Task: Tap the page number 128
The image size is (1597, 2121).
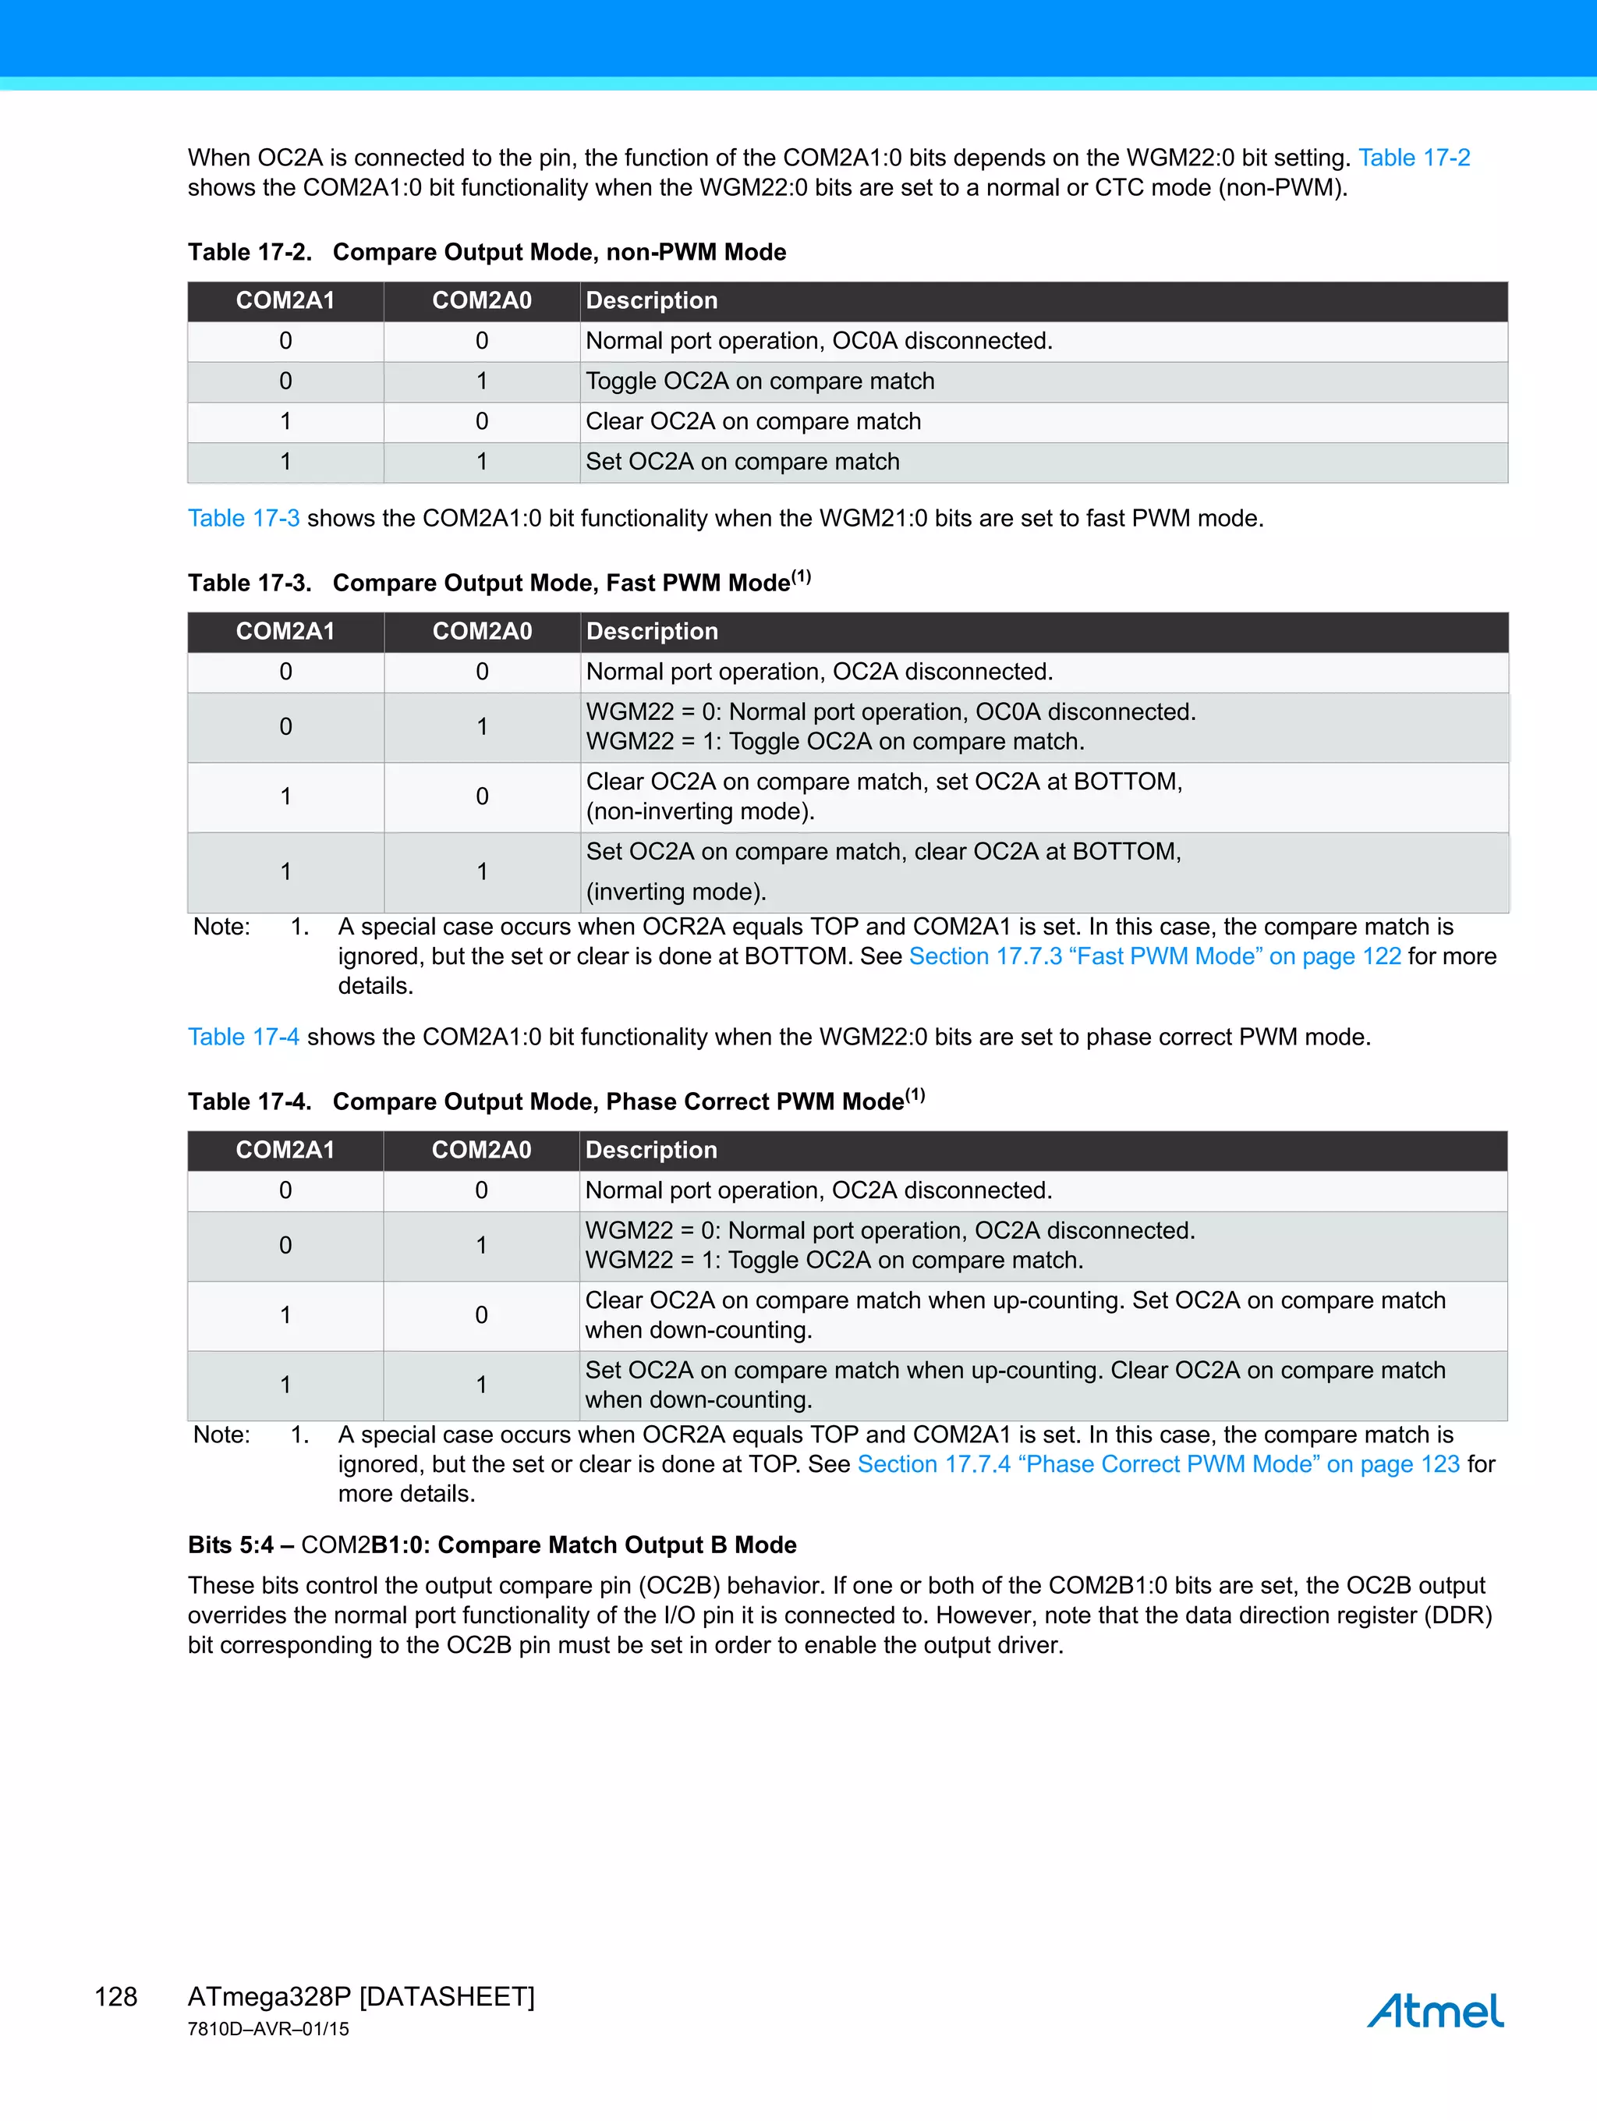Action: coord(116,1996)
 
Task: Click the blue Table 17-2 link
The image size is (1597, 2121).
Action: coord(1414,158)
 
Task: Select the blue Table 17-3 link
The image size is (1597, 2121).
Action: coord(243,518)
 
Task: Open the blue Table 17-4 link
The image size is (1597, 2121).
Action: coord(243,1037)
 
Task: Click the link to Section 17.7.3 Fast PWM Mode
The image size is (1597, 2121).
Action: coord(1154,956)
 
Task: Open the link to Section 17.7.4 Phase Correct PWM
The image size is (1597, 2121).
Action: coord(1158,1464)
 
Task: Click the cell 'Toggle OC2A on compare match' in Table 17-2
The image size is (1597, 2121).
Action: coord(760,381)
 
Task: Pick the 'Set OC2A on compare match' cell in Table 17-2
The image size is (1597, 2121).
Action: coord(742,461)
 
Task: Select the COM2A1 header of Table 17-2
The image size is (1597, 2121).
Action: coord(285,300)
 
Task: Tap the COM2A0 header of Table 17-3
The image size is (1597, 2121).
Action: coord(482,631)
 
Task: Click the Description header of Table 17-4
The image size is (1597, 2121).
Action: coord(651,1150)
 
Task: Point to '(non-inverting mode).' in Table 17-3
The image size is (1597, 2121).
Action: coord(699,811)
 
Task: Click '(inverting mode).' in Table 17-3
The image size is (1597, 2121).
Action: coord(676,892)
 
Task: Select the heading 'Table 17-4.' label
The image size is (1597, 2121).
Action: coord(250,1101)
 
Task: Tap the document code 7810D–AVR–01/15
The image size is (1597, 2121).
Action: coord(268,2029)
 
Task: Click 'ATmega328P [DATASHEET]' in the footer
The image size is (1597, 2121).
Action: coord(360,1996)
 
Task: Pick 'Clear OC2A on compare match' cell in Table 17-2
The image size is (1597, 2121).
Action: coord(752,421)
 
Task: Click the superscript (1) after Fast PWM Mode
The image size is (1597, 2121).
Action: coord(802,577)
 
